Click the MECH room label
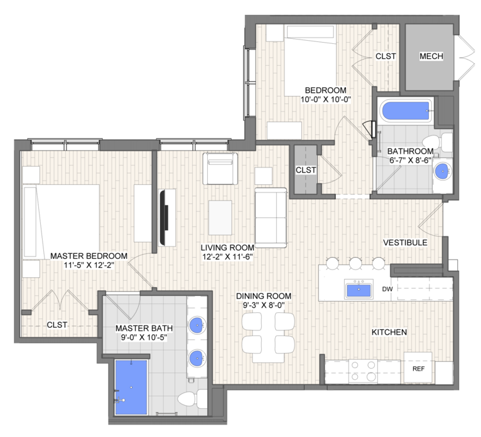[x=431, y=56]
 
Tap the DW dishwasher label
[x=387, y=289]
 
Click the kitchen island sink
[x=359, y=290]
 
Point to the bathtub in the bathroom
[x=405, y=110]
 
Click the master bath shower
[x=131, y=387]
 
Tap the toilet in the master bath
[x=193, y=398]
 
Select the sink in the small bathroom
[x=442, y=171]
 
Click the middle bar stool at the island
[x=355, y=263]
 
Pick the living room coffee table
[x=220, y=218]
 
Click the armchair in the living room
[x=220, y=169]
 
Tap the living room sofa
[x=271, y=218]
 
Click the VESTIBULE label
[x=405, y=243]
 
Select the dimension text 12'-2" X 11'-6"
[x=227, y=256]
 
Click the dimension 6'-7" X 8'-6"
[x=411, y=160]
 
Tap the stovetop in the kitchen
[x=363, y=371]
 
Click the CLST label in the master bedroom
[x=57, y=325]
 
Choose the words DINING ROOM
[x=264, y=296]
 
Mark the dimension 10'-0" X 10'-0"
[x=325, y=100]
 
